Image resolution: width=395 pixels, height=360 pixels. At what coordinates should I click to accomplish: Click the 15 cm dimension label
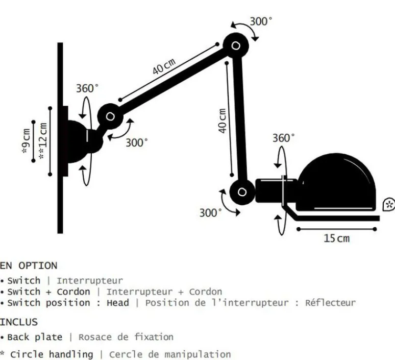click(x=337, y=238)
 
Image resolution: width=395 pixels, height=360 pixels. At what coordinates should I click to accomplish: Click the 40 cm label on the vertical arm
click(x=223, y=121)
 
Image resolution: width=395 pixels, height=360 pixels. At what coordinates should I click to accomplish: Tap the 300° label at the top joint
click(x=261, y=21)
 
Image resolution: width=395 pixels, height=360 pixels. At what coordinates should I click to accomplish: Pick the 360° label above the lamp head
click(x=283, y=138)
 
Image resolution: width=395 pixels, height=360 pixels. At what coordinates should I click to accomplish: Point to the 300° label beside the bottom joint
click(x=210, y=212)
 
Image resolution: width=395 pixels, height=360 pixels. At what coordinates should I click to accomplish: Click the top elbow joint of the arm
click(x=236, y=46)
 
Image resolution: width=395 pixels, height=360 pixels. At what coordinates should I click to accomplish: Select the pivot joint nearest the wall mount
click(x=110, y=116)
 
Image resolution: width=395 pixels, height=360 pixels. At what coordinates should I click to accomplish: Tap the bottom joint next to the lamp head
click(x=242, y=193)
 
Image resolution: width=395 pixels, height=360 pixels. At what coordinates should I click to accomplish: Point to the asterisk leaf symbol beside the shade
click(x=389, y=205)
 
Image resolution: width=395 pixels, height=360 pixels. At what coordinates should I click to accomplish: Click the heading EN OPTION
click(x=29, y=266)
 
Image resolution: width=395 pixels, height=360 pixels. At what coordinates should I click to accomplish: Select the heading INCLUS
click(x=19, y=322)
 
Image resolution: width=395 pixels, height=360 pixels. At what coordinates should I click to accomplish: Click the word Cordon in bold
click(x=73, y=292)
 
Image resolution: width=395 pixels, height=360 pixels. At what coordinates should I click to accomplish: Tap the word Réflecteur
click(x=330, y=303)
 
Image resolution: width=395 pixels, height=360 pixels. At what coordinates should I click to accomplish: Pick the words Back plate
click(x=35, y=337)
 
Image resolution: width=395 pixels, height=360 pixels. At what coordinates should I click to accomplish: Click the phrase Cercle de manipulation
click(x=170, y=354)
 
